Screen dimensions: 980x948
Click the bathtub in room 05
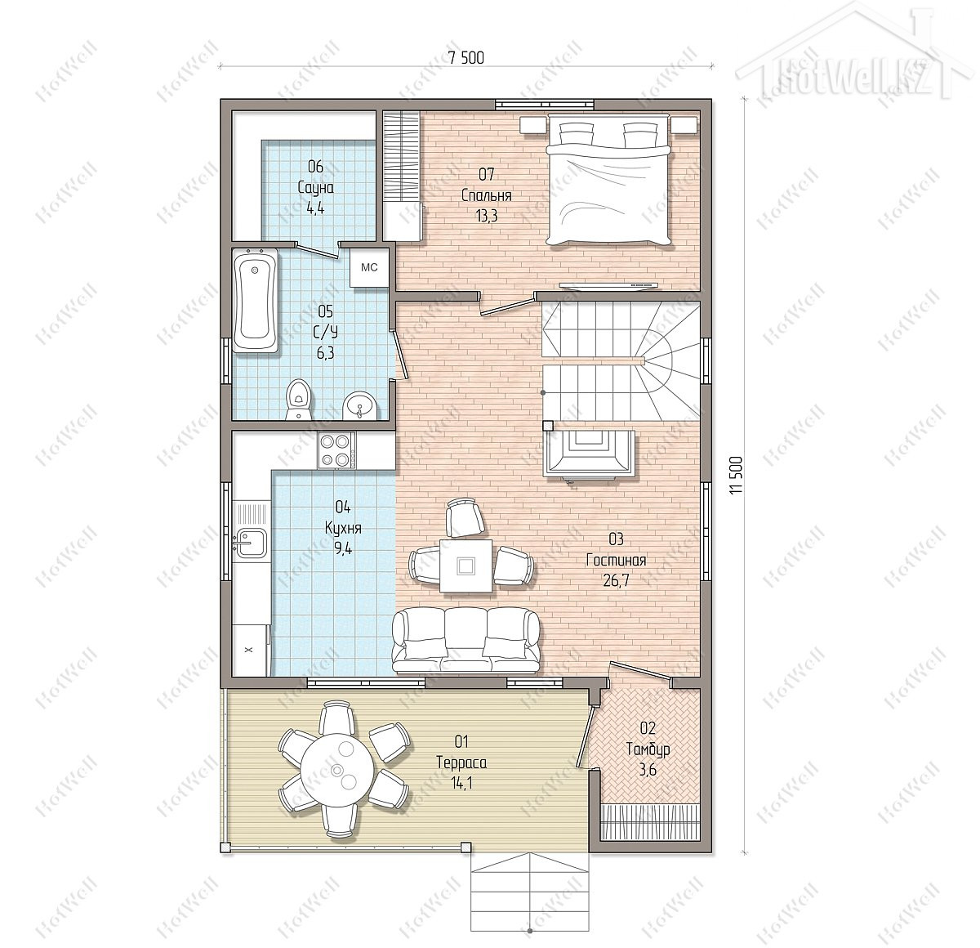256,302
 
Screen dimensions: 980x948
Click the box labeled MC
370,267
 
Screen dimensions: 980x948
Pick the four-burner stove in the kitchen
336,450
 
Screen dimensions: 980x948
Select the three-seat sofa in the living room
465,640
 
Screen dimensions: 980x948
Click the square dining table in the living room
465,566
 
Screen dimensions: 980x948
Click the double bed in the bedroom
609,180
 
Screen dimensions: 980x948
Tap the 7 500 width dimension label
465,59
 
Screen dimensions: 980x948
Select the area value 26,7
616,580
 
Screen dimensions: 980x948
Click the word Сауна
315,187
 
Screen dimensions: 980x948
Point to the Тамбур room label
648,749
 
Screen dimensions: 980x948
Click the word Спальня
486,195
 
